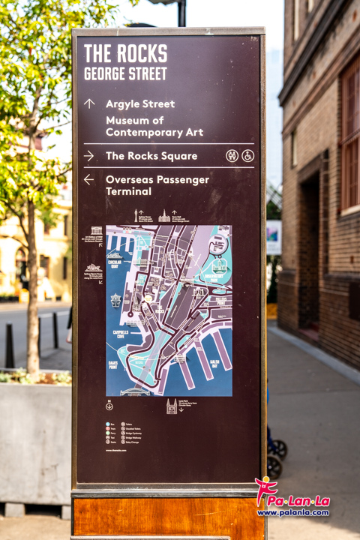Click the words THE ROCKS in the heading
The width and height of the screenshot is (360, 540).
[x=125, y=54]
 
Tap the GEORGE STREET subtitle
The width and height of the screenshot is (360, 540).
[x=125, y=73]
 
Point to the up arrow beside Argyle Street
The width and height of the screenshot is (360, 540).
[x=89, y=103]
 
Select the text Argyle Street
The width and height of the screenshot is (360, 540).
[x=140, y=103]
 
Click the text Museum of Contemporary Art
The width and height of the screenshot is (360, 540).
[x=154, y=126]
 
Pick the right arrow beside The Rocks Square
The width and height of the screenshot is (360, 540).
[x=89, y=156]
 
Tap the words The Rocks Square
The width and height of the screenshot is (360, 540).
[x=151, y=156]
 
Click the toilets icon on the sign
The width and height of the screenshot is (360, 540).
[x=232, y=156]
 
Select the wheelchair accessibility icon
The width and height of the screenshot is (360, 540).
[x=247, y=156]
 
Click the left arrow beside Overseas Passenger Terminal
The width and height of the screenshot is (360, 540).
[x=89, y=180]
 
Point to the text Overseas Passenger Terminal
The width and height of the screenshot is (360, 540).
[x=157, y=185]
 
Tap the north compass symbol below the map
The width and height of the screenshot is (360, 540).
[x=109, y=406]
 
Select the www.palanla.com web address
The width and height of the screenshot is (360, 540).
[x=293, y=513]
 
